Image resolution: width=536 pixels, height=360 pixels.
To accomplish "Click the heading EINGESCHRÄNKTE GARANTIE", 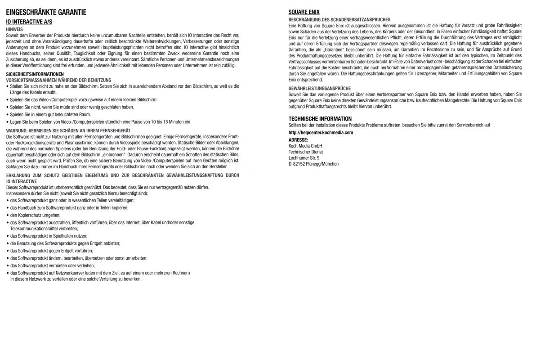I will [x=46, y=13].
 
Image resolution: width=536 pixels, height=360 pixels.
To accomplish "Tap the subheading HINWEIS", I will [x=14, y=29].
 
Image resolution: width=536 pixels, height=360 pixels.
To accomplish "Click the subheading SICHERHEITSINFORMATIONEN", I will [x=35, y=74].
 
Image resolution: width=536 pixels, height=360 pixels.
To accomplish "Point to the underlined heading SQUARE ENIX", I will [x=304, y=12].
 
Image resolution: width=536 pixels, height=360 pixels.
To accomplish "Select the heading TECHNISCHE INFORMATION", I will [x=320, y=119].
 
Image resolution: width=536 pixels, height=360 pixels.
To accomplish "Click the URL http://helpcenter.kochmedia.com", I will [x=321, y=133].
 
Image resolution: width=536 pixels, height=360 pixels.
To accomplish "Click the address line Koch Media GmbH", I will [x=305, y=146].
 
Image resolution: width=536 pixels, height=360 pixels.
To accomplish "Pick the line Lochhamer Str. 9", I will [x=304, y=158].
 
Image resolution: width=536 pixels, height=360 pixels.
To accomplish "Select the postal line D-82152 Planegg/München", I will [x=313, y=164].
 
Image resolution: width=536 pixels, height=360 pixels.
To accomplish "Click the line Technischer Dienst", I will [x=305, y=152].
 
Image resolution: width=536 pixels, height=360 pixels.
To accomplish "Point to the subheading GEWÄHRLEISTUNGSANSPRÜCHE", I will [x=319, y=88].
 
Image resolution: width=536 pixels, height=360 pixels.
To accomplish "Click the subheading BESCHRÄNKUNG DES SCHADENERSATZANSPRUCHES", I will [x=339, y=20].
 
